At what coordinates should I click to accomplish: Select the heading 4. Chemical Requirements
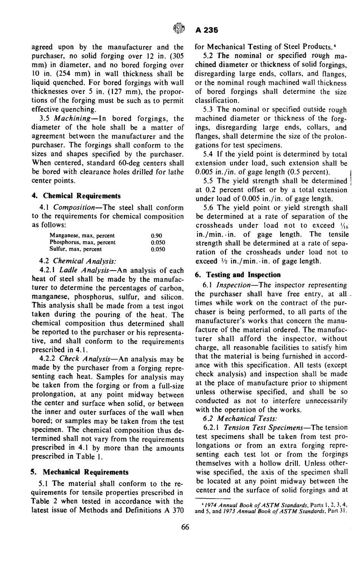pyautogui.click(x=76, y=196)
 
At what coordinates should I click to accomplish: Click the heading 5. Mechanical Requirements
pyautogui.click(x=79, y=472)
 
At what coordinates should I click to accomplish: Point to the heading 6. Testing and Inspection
pyautogui.click(x=238, y=275)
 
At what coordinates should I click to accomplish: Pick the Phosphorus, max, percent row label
pyautogui.click(x=83, y=242)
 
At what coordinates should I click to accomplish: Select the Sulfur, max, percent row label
pyautogui.click(x=76, y=249)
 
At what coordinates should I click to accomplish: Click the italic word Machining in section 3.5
pyautogui.click(x=72, y=119)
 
